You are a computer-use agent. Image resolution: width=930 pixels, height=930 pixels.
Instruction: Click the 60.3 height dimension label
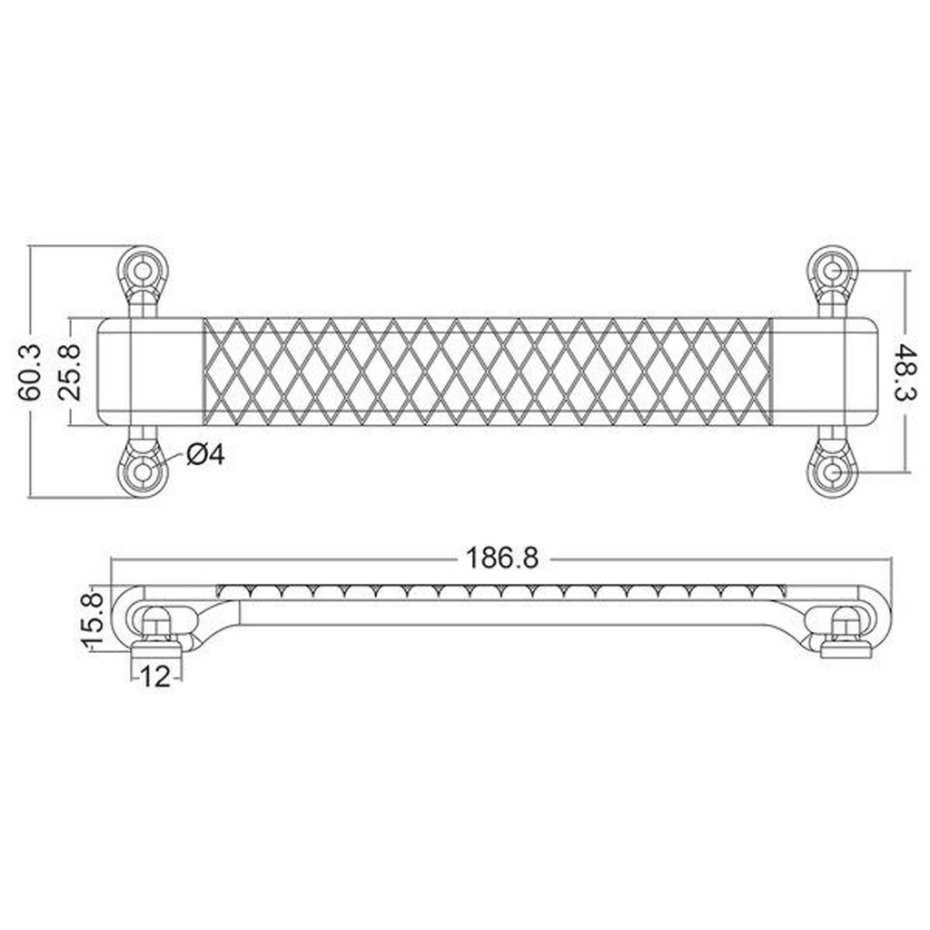coord(31,371)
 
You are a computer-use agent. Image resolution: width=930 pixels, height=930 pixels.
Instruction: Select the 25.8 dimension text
coord(71,371)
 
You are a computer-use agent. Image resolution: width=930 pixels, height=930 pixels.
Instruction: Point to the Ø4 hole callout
coord(206,455)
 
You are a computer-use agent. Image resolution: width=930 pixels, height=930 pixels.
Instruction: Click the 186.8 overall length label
coord(501,559)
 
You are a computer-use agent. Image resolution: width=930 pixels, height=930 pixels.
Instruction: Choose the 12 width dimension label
coord(154,676)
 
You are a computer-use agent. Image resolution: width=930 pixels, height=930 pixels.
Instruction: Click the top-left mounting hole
coord(143,271)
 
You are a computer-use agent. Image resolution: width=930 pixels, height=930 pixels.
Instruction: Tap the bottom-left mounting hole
coord(143,472)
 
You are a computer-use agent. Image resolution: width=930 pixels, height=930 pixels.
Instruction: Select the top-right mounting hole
coord(832,271)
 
